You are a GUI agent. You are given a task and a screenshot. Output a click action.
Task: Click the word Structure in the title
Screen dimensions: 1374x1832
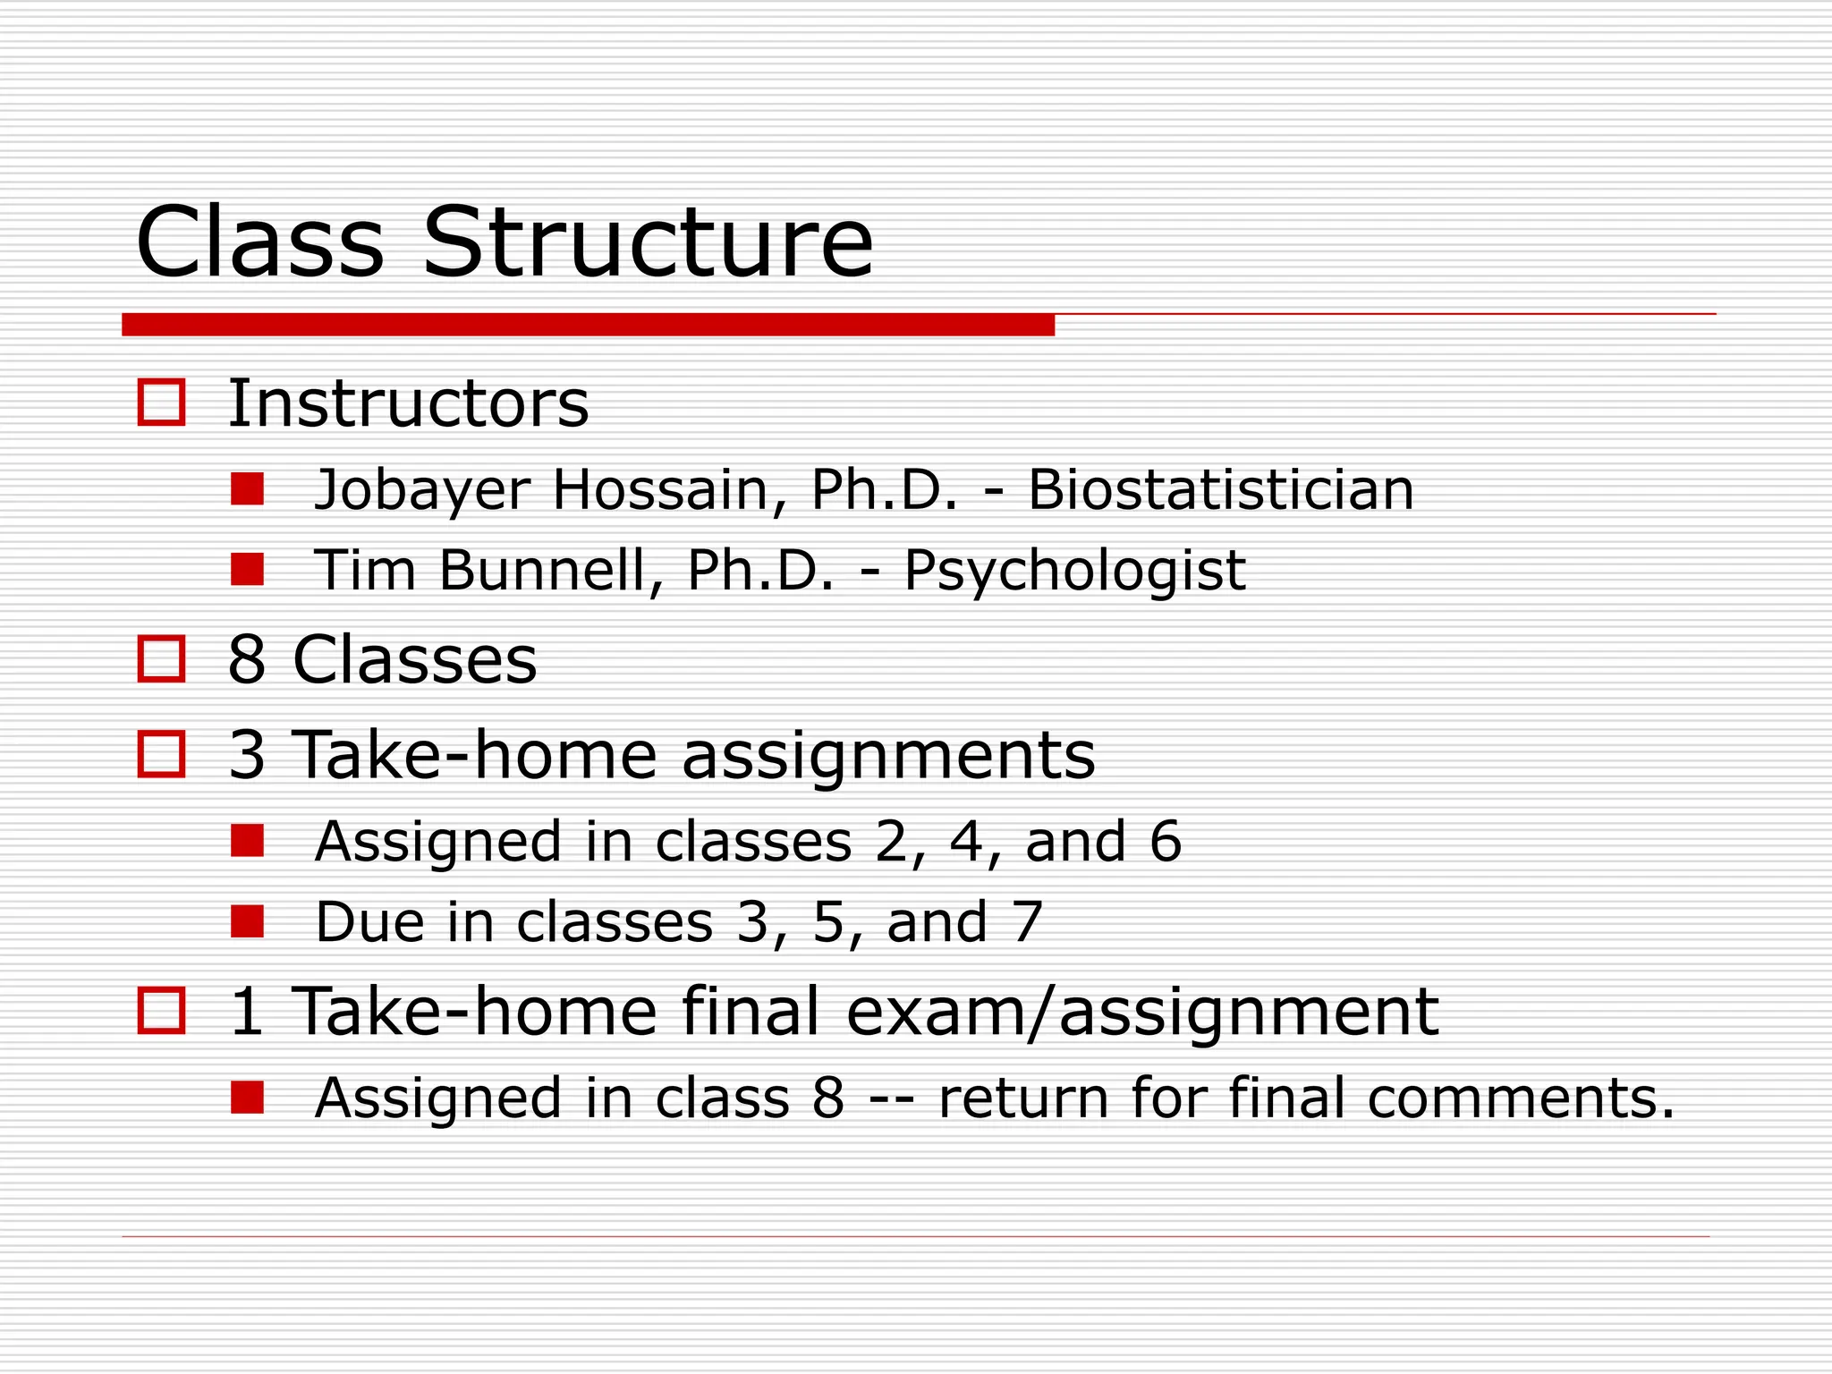(x=647, y=243)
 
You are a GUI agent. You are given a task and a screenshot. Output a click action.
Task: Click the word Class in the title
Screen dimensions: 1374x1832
(x=259, y=243)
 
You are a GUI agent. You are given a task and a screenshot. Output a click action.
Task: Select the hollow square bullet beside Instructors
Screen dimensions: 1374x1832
(x=162, y=402)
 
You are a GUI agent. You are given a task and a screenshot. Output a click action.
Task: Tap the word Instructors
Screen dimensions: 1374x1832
(x=408, y=403)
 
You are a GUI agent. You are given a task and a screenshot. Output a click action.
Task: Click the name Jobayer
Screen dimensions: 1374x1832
(x=421, y=491)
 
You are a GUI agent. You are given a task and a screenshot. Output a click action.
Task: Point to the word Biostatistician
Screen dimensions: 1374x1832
(x=1220, y=490)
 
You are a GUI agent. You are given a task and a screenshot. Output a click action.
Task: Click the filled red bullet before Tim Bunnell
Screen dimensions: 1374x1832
(x=247, y=569)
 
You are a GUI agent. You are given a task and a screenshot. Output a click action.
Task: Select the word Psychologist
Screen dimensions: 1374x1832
(x=1074, y=571)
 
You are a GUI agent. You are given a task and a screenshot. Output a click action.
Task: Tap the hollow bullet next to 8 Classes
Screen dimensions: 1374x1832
(x=162, y=659)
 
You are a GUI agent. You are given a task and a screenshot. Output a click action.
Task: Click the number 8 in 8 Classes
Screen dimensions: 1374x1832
(x=247, y=660)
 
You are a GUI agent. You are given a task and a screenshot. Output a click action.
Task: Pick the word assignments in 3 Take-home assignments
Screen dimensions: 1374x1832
(x=887, y=755)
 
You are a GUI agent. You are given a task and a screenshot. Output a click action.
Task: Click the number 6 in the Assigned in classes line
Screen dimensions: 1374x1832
(x=1165, y=842)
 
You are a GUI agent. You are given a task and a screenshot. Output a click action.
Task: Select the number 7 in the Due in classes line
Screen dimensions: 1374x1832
(x=1027, y=922)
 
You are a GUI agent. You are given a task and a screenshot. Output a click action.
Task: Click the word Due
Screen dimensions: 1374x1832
(x=369, y=922)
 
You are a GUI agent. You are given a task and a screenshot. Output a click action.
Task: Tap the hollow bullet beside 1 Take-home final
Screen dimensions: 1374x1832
(x=162, y=1011)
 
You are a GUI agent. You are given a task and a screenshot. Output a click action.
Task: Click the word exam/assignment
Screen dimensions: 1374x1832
(x=1141, y=1013)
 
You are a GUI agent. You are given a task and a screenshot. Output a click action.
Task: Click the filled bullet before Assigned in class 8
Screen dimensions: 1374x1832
(x=247, y=1097)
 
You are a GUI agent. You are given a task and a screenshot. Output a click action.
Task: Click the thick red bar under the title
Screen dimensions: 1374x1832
(x=588, y=325)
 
